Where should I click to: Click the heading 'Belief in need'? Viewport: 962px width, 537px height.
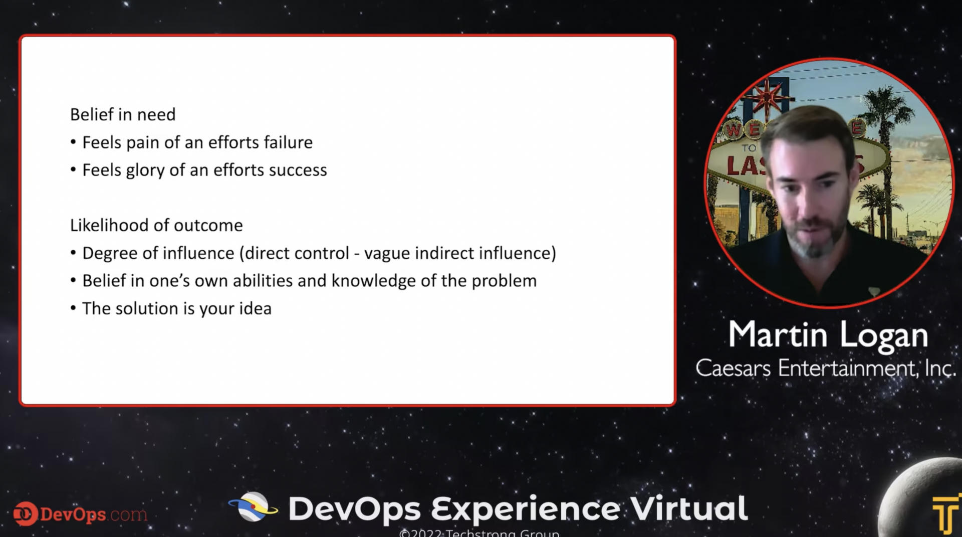(x=123, y=115)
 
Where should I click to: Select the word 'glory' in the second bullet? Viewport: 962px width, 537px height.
(x=145, y=170)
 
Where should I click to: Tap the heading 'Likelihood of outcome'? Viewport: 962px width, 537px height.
(x=156, y=226)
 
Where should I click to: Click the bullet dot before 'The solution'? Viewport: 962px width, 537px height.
(x=73, y=308)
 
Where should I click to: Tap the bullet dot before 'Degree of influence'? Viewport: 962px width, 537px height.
(x=73, y=253)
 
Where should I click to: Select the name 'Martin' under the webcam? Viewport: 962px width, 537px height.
(x=777, y=334)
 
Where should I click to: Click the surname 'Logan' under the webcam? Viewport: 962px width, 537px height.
(x=884, y=335)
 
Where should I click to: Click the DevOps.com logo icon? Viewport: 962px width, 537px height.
(x=25, y=513)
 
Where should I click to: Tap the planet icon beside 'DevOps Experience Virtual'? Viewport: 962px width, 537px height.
(x=254, y=507)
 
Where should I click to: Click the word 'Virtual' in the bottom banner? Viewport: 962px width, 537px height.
(x=689, y=508)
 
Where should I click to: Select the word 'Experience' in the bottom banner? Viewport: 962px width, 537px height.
(x=526, y=509)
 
